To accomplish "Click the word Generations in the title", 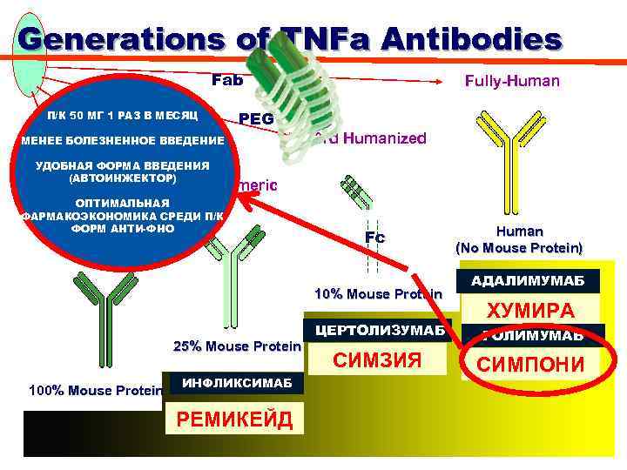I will tap(122, 40).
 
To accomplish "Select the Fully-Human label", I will tap(512, 81).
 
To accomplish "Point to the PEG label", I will tap(255, 117).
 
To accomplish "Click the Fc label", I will tap(374, 237).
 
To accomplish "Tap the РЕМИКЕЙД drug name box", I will tap(235, 419).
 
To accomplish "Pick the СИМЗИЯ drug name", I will tap(379, 360).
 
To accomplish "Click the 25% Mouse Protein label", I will tap(237, 346).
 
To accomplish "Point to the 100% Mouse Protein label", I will tap(95, 390).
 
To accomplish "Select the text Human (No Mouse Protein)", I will tap(519, 239).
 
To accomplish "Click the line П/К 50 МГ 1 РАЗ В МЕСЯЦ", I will tap(124, 115).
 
